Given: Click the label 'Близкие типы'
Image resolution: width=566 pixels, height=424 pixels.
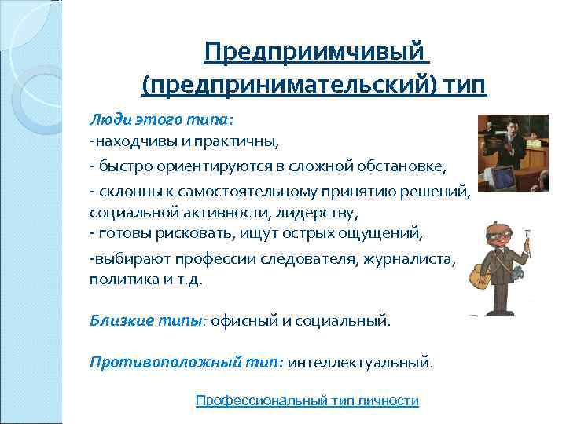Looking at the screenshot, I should click(146, 320).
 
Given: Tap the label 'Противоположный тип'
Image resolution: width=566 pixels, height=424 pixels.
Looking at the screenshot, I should click(186, 363).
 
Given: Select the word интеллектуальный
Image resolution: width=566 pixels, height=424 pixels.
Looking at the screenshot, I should click(359, 363).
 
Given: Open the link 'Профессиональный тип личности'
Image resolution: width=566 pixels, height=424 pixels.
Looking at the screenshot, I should click(307, 400).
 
